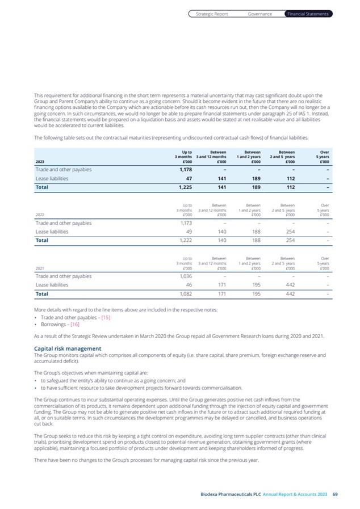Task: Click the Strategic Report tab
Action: [x=212, y=14]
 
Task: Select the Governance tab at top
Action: [x=260, y=14]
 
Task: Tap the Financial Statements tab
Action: [x=308, y=14]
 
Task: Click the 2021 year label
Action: [x=40, y=268]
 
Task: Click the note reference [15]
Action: [x=106, y=317]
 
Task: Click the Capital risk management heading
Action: [x=68, y=348]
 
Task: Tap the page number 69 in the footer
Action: [x=335, y=495]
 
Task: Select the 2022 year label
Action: [x=40, y=215]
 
